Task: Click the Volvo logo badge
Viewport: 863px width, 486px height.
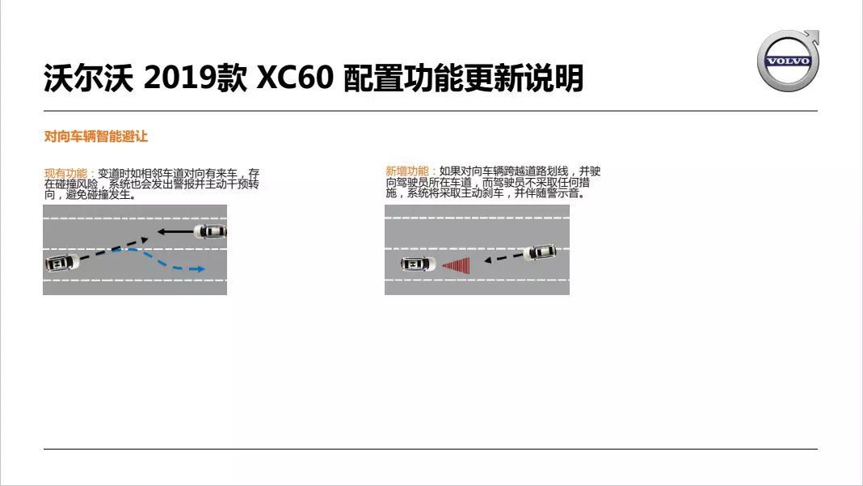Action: [x=787, y=61]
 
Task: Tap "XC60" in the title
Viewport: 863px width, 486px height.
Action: [x=294, y=78]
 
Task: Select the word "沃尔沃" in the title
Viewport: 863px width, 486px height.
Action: [x=87, y=78]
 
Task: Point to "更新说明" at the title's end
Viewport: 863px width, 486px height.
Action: [x=524, y=78]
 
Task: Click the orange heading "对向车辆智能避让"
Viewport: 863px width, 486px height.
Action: [x=95, y=137]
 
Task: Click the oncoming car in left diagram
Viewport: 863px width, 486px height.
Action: [x=211, y=232]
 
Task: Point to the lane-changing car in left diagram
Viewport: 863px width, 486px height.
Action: [x=61, y=263]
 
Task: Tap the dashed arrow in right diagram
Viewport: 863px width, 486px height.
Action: [x=503, y=258]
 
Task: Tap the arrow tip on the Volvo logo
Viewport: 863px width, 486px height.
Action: [x=814, y=35]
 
